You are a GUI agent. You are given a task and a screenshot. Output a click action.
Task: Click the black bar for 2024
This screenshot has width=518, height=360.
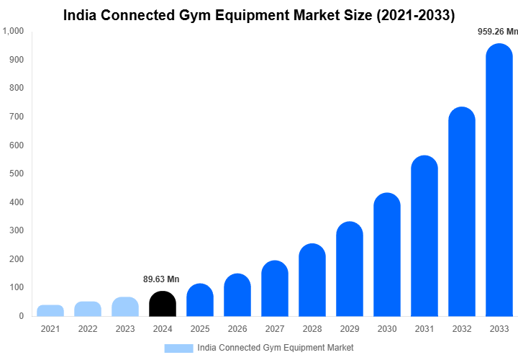(x=163, y=304)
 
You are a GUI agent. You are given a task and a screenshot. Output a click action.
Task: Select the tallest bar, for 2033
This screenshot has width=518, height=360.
(x=499, y=180)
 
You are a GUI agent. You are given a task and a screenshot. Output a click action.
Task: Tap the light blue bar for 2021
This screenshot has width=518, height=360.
(x=50, y=310)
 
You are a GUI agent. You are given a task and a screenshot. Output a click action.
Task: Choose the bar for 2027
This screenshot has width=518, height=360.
(x=275, y=288)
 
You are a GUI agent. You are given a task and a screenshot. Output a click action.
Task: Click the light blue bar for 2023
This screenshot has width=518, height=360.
(x=125, y=307)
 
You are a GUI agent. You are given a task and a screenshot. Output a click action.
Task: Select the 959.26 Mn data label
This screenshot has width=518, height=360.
(x=498, y=32)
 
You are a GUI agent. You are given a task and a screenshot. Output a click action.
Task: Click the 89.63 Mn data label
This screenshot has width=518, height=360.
(x=161, y=279)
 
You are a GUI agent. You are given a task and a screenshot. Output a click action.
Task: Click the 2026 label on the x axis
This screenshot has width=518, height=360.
(x=237, y=329)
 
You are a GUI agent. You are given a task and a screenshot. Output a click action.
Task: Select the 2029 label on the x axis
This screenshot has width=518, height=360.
(x=350, y=329)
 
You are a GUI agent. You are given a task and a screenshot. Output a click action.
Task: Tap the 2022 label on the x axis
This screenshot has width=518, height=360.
(x=88, y=329)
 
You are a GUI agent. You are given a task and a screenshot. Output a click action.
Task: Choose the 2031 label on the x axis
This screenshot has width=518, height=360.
(x=424, y=329)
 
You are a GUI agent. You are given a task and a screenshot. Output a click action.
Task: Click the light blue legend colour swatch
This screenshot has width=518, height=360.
(x=178, y=348)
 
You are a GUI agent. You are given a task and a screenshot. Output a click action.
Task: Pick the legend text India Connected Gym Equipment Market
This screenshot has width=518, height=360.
(x=275, y=348)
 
